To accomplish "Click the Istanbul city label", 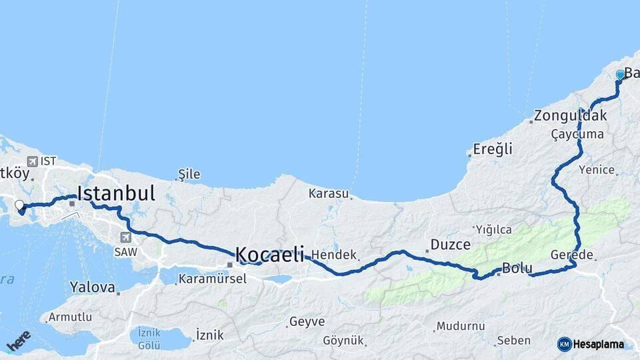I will click(116, 193).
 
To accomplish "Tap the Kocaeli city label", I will click(269, 254).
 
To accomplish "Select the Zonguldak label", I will click(571, 115).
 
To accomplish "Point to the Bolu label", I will click(517, 269).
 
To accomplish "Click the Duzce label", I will click(450, 245).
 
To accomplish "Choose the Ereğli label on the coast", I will click(493, 149).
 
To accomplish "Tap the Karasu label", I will click(329, 194).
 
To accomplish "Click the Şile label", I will click(189, 175).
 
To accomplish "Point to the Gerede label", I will click(572, 255).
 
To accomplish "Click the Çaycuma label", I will click(577, 134).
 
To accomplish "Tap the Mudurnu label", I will click(459, 326).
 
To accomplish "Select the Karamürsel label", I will click(212, 279).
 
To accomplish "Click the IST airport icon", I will click(33, 161).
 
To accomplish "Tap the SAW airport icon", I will click(126, 237).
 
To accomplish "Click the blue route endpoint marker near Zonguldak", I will click(621, 75).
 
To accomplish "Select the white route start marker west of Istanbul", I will click(19, 205).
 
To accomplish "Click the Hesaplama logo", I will click(591, 344).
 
